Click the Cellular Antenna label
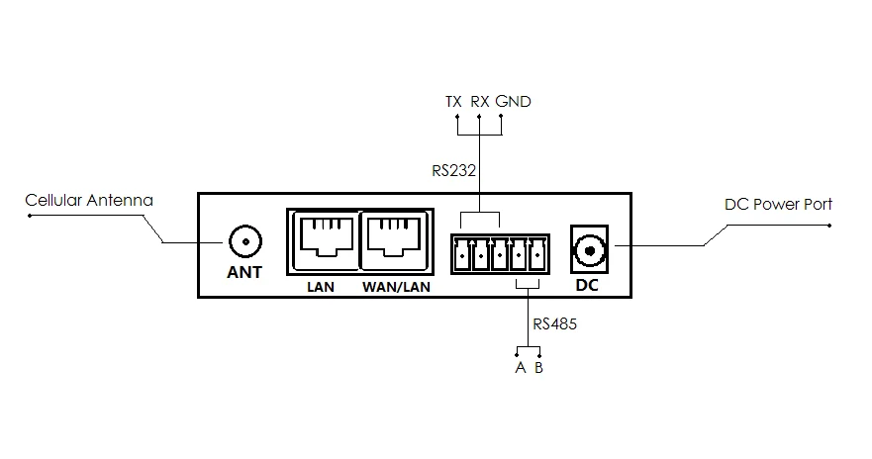[89, 202]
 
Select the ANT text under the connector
[244, 272]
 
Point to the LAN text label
[321, 289]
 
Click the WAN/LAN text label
[395, 289]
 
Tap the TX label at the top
[454, 102]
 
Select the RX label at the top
[480, 102]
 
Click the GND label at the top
[513, 102]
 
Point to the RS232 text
[454, 170]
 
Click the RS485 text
[554, 323]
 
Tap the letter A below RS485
[519, 368]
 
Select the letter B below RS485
[539, 368]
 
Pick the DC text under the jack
[588, 287]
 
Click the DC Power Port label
[779, 205]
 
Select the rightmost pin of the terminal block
[538, 257]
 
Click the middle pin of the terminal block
[500, 257]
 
